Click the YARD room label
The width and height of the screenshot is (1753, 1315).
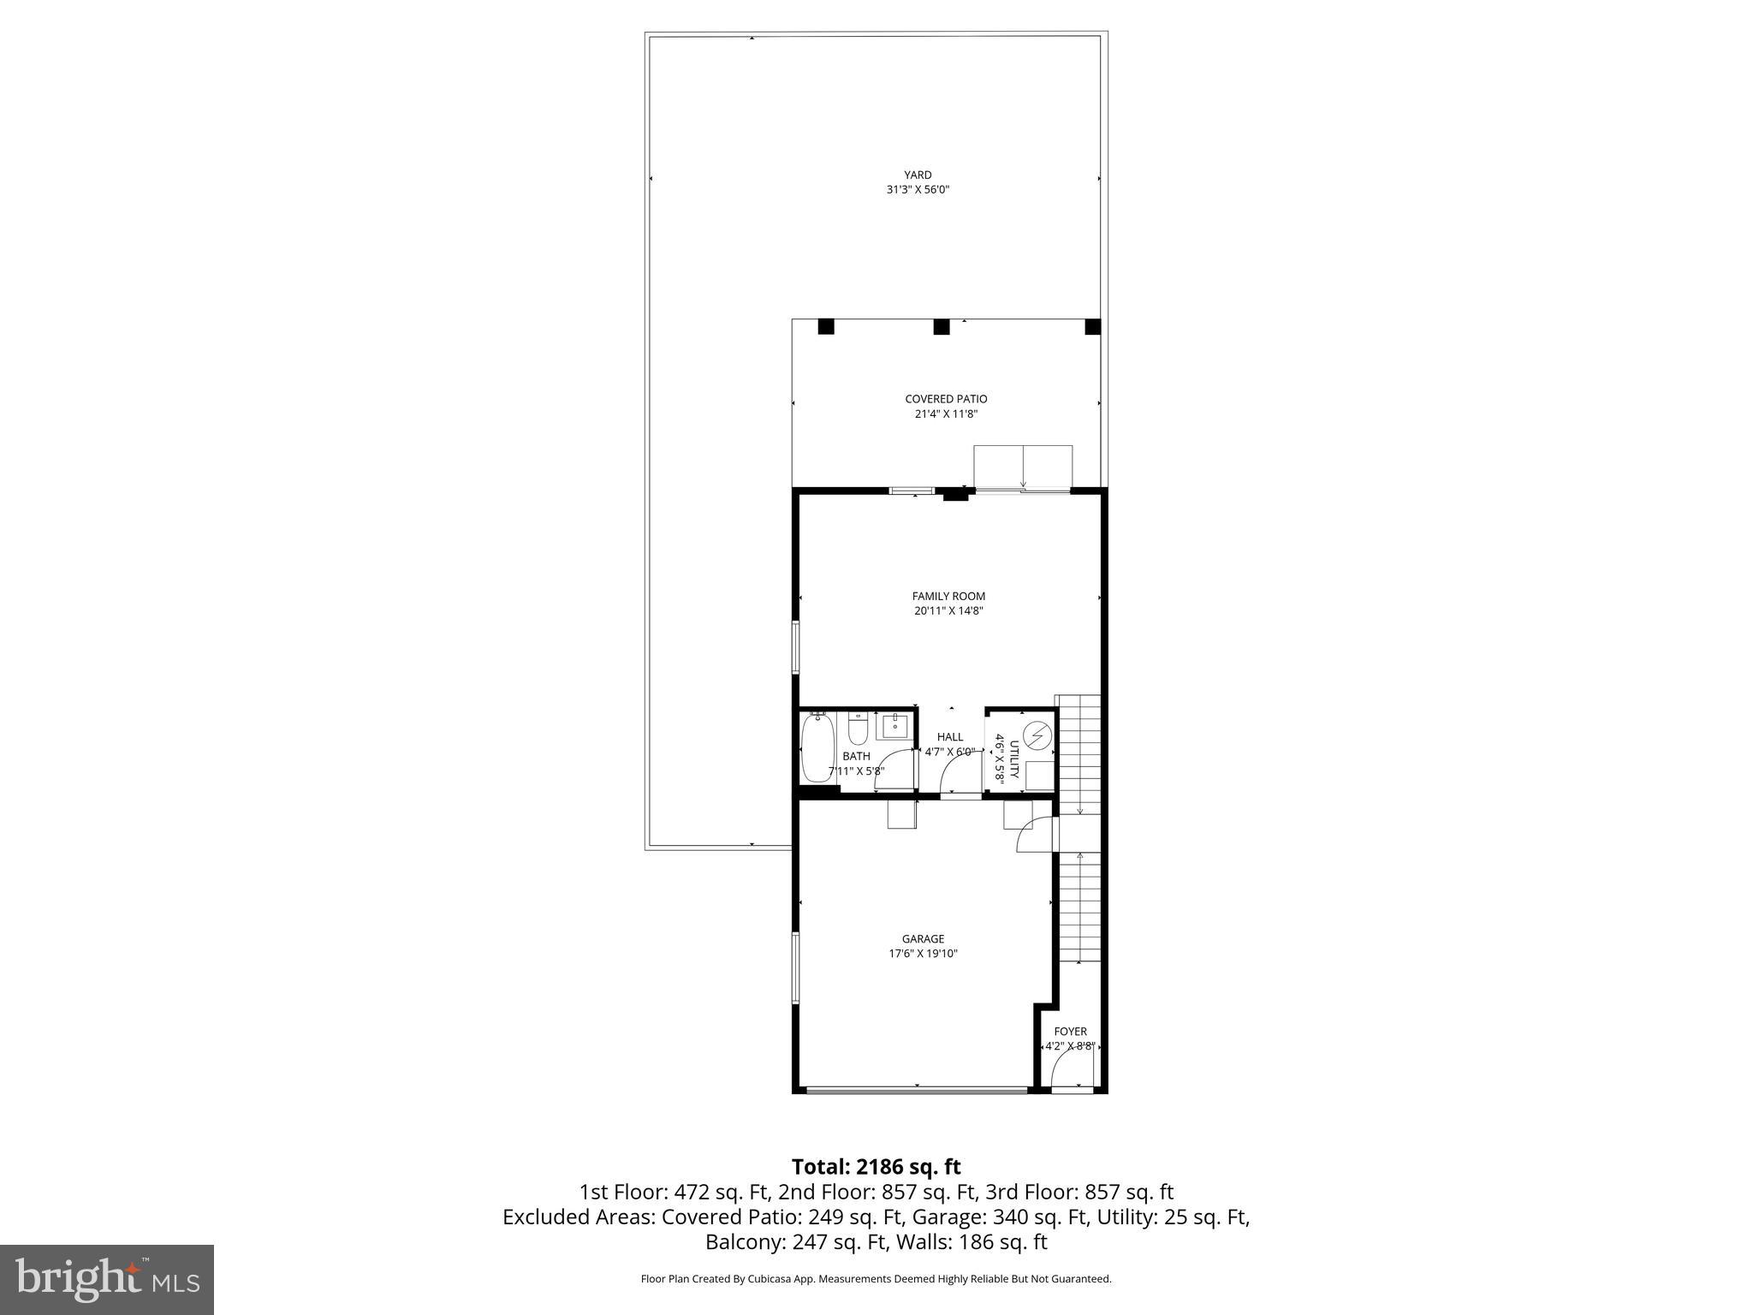coord(918,175)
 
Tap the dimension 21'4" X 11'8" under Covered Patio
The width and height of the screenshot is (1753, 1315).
coord(946,414)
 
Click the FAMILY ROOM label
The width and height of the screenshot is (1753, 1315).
coord(948,596)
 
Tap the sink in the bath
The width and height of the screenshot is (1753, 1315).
coord(894,725)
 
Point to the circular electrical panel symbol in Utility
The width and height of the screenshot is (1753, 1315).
coord(1037,735)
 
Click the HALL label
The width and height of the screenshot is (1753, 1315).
coord(949,737)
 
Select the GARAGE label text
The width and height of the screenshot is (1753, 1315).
coord(923,939)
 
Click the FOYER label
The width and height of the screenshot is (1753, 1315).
coord(1070,1032)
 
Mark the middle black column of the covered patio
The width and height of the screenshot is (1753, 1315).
coord(942,327)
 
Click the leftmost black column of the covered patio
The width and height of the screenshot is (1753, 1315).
coord(825,327)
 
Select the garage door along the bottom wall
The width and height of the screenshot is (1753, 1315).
coord(917,1090)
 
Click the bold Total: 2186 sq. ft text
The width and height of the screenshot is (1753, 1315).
coord(876,1167)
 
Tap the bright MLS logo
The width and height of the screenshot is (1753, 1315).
coord(107,1279)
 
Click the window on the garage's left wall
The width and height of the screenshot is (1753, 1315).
coord(795,967)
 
